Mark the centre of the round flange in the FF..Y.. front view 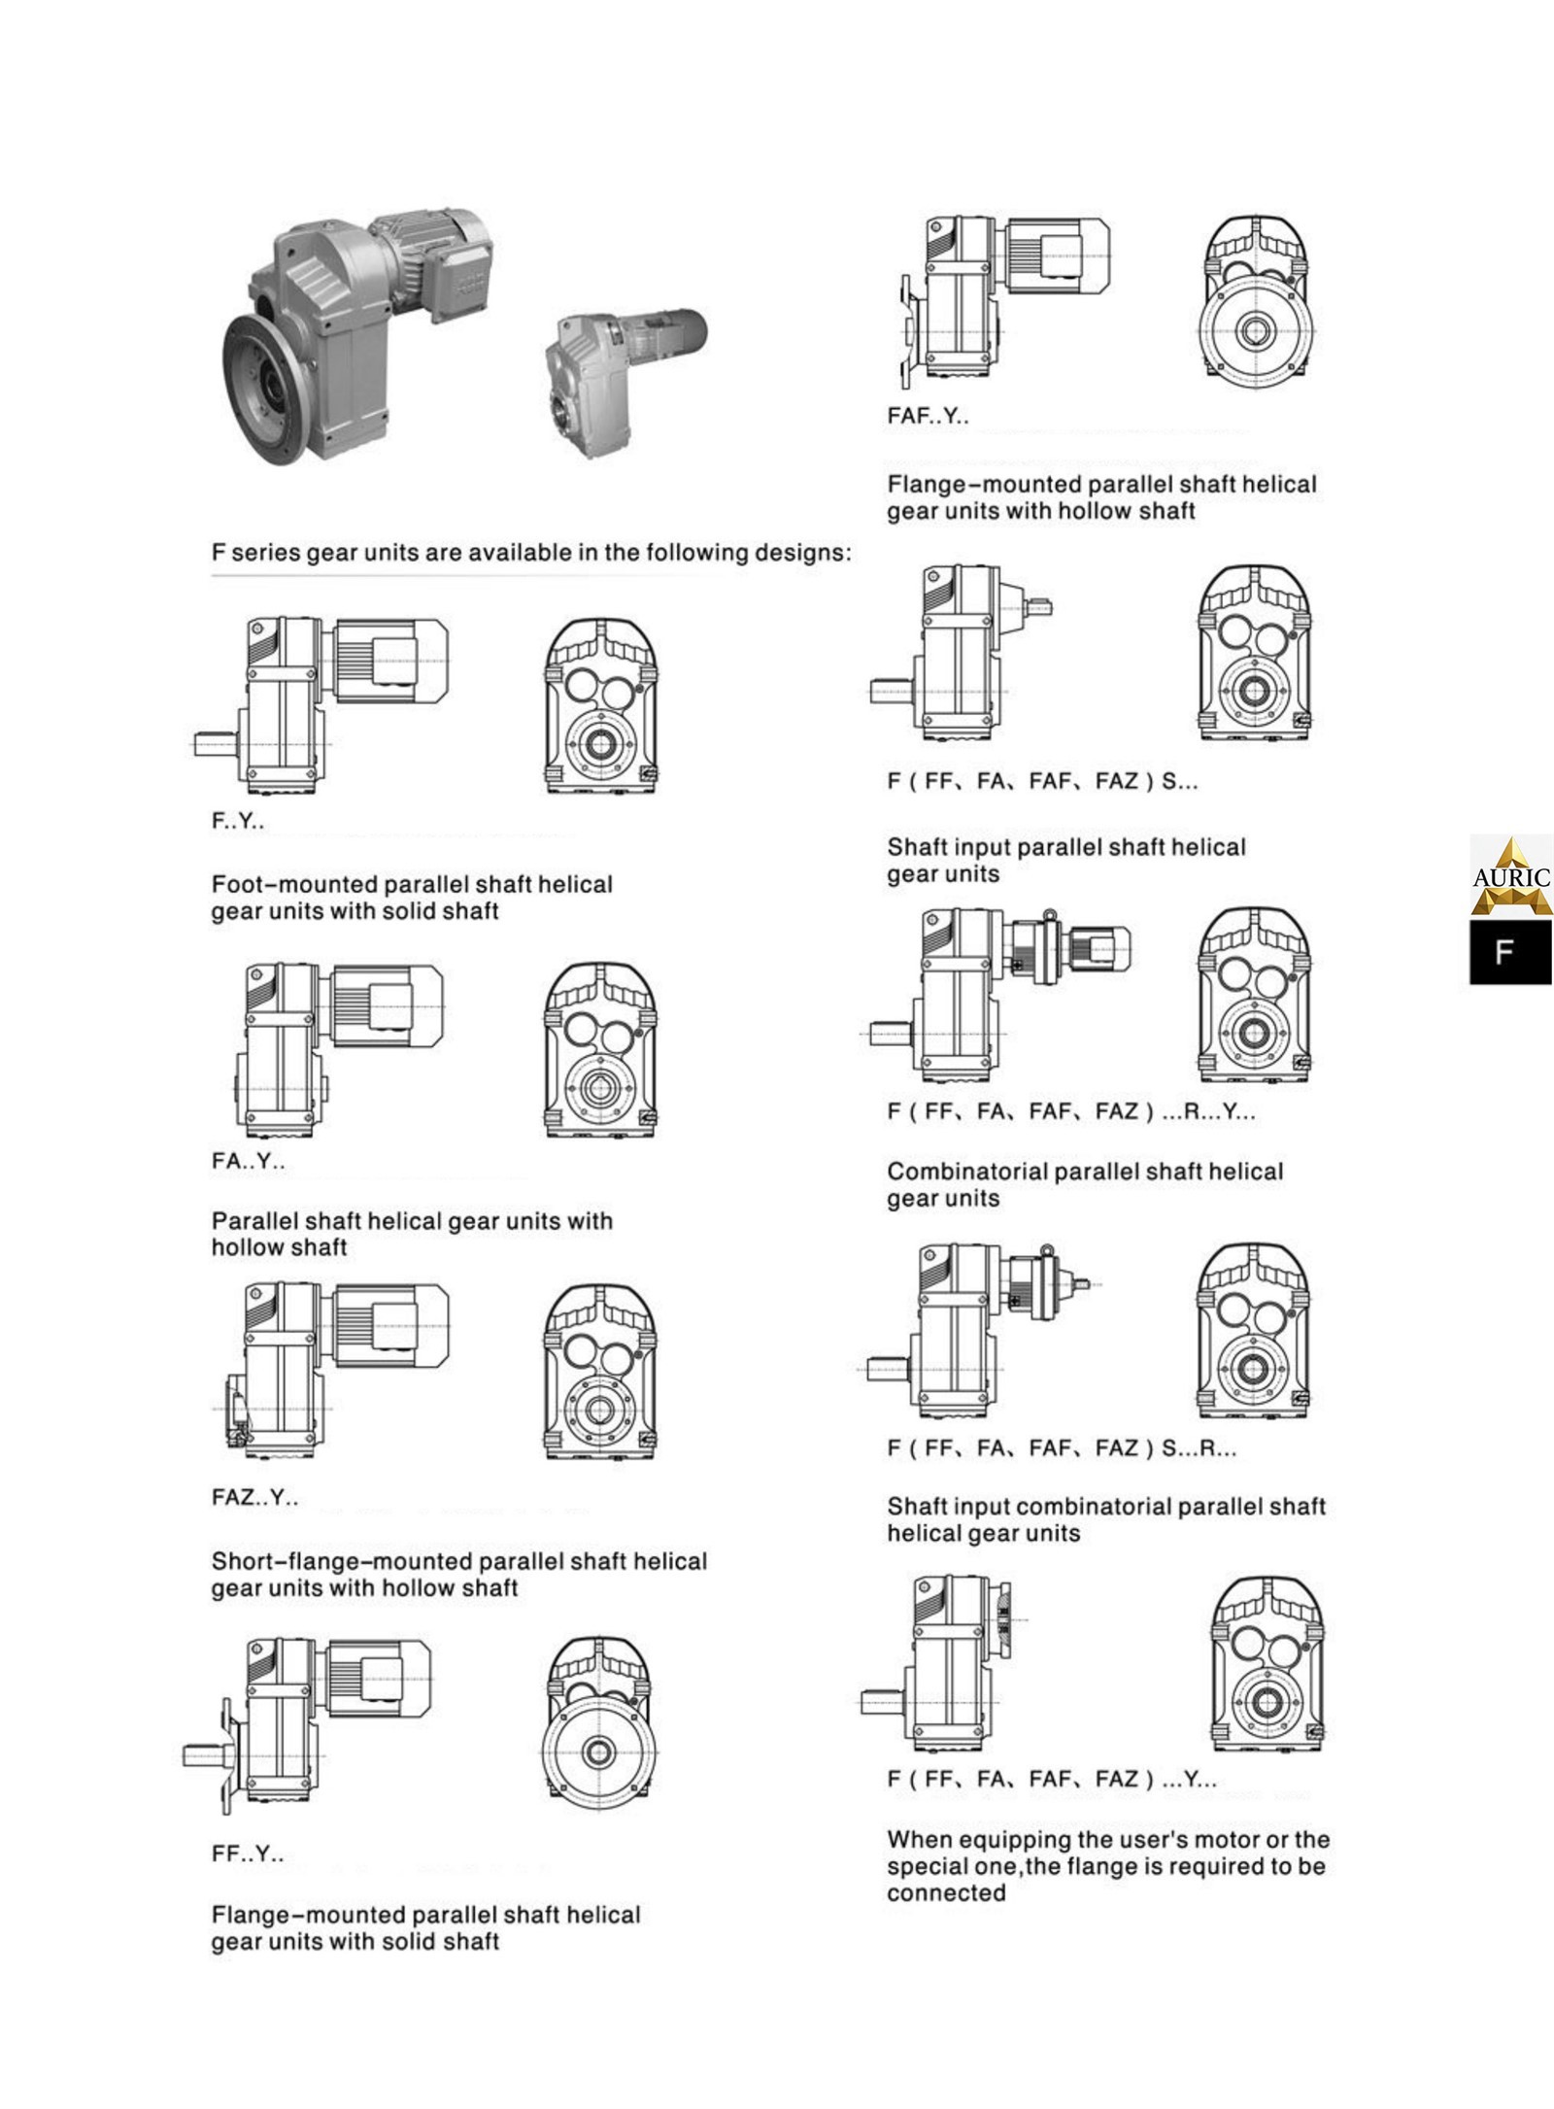point(598,1753)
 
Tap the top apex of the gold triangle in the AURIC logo point(1510,836)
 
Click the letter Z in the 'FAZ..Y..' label point(252,1497)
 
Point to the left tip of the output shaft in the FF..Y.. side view point(184,1754)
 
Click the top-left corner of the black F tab point(1470,921)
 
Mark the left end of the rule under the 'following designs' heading point(212,576)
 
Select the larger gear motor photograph point(359,335)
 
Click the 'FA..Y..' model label point(249,1161)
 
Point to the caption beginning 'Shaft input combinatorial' point(1106,1519)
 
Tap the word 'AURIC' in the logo point(1511,877)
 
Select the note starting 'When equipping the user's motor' point(1108,1865)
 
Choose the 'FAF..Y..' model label point(928,416)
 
